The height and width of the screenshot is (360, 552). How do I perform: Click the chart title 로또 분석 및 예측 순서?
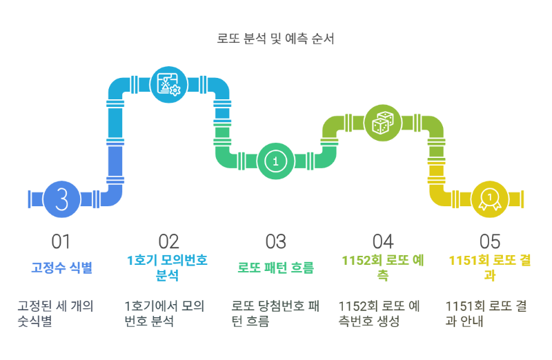275,39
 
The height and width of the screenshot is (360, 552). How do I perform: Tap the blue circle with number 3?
61,199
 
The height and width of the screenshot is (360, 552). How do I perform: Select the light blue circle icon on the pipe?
168,85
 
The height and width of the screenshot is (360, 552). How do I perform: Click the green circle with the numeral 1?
275,161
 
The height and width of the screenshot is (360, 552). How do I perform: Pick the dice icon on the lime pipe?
382,123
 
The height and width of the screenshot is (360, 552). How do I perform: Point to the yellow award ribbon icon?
489,199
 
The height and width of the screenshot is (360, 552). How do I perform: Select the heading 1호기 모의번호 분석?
168,268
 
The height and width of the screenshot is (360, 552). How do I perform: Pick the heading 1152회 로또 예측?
382,268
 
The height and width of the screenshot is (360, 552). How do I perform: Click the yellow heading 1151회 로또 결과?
489,268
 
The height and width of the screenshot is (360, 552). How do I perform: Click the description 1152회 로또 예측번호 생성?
379,313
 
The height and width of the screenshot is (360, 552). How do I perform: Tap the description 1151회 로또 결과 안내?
486,313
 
